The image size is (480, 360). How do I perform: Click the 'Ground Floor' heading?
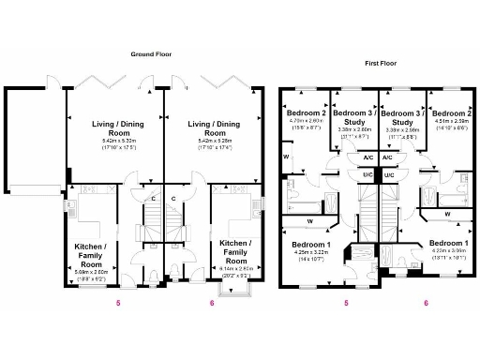pyautogui.click(x=151, y=53)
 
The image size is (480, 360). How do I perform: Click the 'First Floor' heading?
pyautogui.click(x=382, y=65)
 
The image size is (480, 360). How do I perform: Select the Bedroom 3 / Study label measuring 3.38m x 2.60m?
pyautogui.click(x=354, y=116)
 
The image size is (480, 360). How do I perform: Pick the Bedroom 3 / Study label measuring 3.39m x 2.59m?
pyautogui.click(x=402, y=116)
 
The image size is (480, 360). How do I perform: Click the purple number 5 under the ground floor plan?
pyautogui.click(x=117, y=303)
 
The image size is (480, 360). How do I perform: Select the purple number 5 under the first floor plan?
pyautogui.click(x=347, y=303)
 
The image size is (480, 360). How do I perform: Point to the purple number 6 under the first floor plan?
pyautogui.click(x=426, y=303)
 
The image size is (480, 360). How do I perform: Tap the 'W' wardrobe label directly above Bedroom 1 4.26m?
pyautogui.click(x=309, y=221)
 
